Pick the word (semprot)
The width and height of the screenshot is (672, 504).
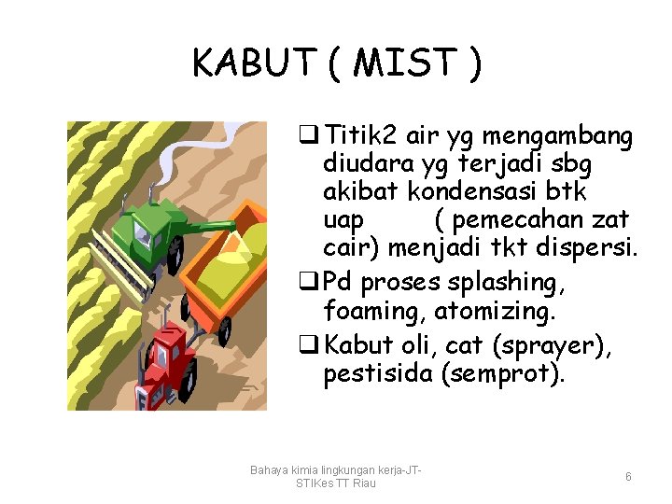click(x=514, y=375)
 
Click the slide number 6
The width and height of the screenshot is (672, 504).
click(x=628, y=477)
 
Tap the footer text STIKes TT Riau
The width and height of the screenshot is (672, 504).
click(x=335, y=483)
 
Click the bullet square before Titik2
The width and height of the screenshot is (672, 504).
click(x=303, y=137)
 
